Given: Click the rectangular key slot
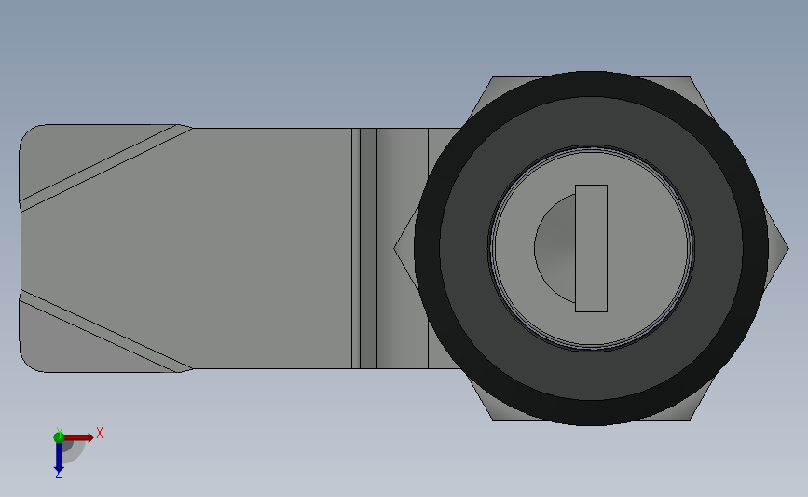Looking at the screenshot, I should [591, 248].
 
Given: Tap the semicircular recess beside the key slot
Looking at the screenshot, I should [555, 248].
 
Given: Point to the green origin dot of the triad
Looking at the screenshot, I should [59, 435].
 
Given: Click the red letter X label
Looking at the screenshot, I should [99, 433].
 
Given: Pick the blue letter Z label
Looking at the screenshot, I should [58, 476].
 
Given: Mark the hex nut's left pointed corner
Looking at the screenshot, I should [395, 248].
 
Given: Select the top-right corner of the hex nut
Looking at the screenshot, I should [690, 78].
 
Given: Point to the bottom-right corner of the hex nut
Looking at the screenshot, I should [690, 419].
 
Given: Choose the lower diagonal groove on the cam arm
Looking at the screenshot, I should [103, 331].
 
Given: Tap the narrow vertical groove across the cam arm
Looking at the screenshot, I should [356, 248].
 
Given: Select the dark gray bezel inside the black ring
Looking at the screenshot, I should [466, 248].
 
